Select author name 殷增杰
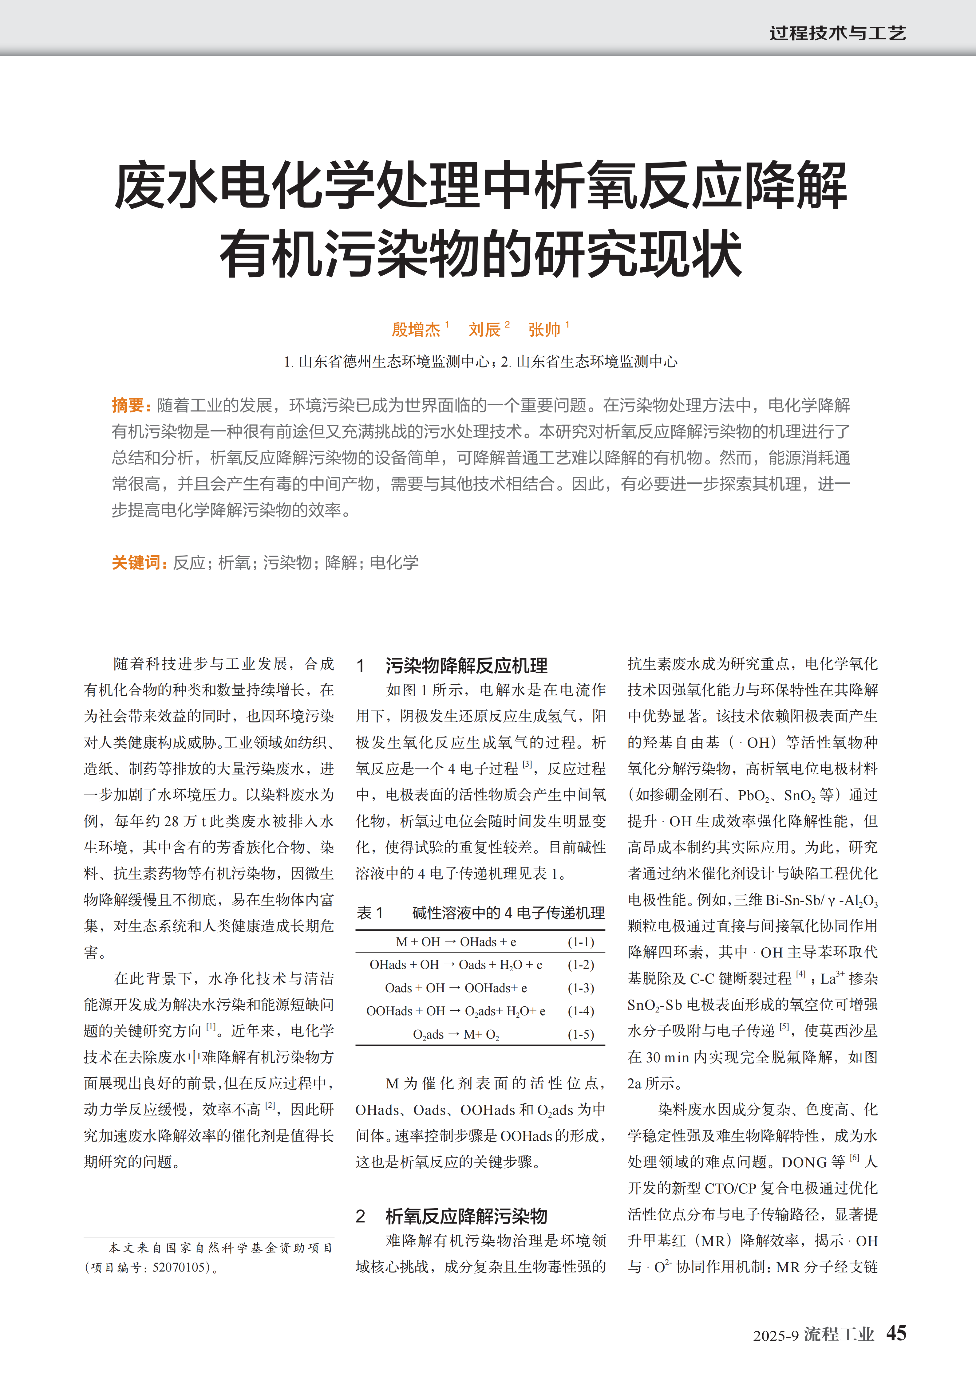[416, 329]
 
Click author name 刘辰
[484, 329]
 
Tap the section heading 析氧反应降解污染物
[466, 1217]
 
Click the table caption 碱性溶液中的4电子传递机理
[508, 913]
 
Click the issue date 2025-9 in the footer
[775, 1335]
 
